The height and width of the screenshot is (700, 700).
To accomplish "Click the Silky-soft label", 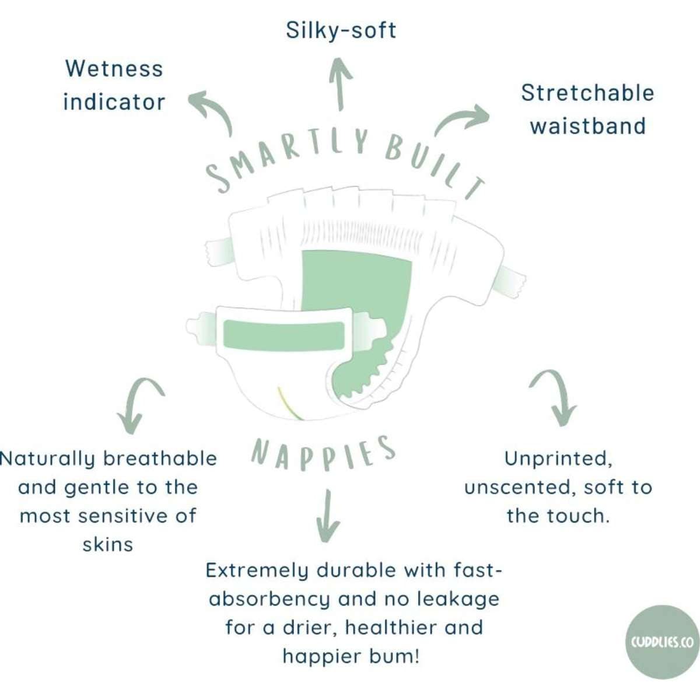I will pos(341,30).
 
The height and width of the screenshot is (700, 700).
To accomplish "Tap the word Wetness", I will pos(114,69).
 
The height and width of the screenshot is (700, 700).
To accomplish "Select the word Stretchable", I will pos(587,93).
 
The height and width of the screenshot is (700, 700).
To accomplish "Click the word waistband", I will pos(587,126).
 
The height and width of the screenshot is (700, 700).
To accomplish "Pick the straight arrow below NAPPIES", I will pos(327,516).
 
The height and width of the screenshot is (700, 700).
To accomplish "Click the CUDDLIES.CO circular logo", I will pos(661,642).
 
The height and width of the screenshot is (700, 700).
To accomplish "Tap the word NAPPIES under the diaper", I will pos(324,452).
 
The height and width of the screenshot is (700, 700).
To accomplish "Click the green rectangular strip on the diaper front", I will pos(283,335).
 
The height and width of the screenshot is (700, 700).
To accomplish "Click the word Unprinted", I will pos(558,459).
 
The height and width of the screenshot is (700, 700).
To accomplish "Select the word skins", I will pos(108,544).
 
